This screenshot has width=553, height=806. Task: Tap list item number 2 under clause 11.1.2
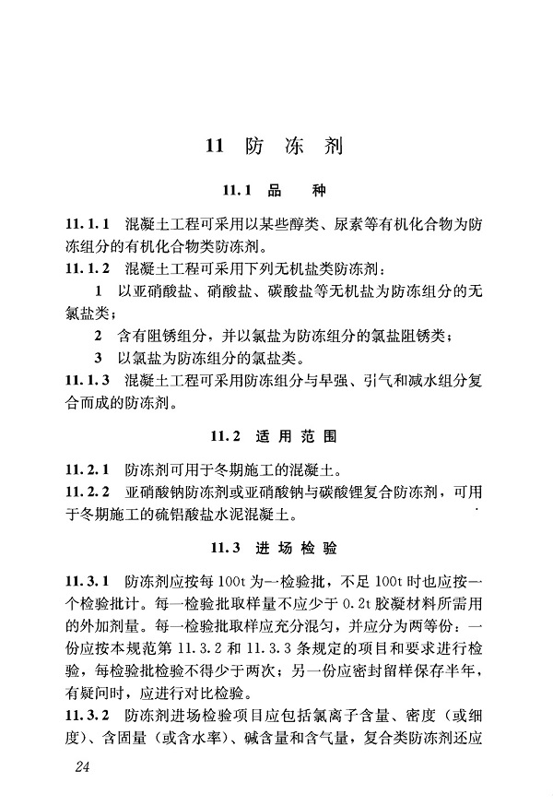pos(98,335)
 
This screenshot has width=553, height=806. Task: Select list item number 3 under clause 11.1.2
pos(98,357)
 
